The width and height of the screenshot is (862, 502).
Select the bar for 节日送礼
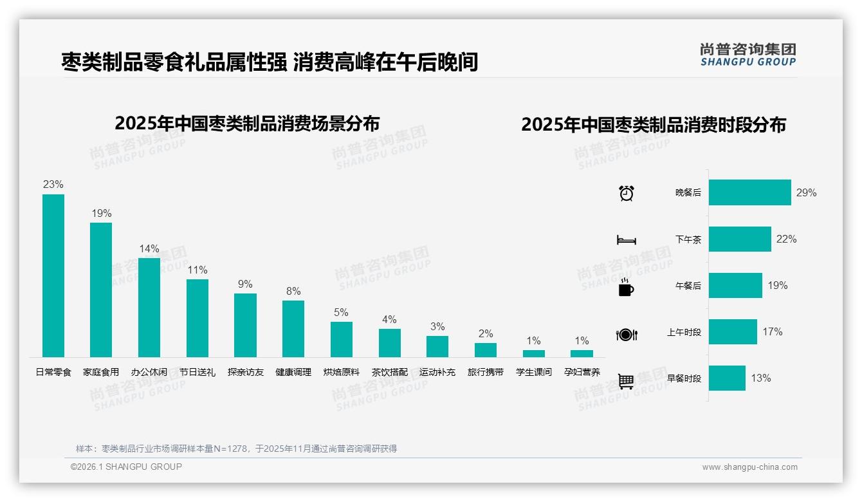pyautogui.click(x=197, y=318)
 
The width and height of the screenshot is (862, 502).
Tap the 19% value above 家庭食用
pyautogui.click(x=101, y=213)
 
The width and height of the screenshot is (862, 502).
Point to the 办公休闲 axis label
pyautogui.click(x=149, y=372)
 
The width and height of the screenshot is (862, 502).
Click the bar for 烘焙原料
pyautogui.click(x=342, y=339)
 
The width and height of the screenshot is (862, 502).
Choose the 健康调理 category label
pyautogui.click(x=293, y=372)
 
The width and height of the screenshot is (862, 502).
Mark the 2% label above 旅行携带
pyautogui.click(x=486, y=333)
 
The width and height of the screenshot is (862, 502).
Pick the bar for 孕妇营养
pyautogui.click(x=582, y=353)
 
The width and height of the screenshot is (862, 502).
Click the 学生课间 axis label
pyautogui.click(x=534, y=372)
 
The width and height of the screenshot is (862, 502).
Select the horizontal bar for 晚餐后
pyautogui.click(x=749, y=192)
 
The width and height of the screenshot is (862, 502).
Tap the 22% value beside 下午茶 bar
pyautogui.click(x=786, y=239)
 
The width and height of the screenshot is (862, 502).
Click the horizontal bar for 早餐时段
pyautogui.click(x=727, y=378)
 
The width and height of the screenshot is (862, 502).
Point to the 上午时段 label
pyautogui.click(x=684, y=332)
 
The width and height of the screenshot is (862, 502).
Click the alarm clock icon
pyautogui.click(x=627, y=192)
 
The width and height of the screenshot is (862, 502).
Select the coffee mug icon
pyautogui.click(x=626, y=287)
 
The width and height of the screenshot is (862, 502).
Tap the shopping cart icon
pyautogui.click(x=626, y=381)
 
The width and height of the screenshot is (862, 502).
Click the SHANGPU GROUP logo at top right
pyautogui.click(x=747, y=55)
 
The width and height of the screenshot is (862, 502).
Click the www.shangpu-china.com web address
pyautogui.click(x=749, y=467)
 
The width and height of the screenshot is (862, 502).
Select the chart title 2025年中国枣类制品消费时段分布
pyautogui.click(x=654, y=125)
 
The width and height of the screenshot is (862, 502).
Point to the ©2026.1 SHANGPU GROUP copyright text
pyautogui.click(x=126, y=467)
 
